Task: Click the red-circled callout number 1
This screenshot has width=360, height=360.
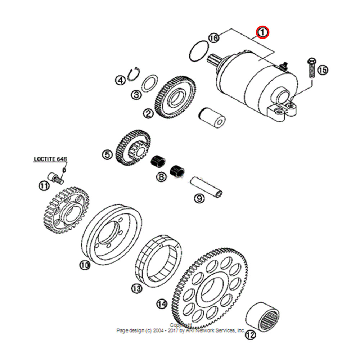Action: point(263,32)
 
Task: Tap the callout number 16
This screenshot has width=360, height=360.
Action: point(213,38)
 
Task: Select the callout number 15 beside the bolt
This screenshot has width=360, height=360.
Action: point(323,70)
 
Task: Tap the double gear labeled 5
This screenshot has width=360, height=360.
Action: point(133,148)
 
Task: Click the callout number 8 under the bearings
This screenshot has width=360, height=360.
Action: point(161,177)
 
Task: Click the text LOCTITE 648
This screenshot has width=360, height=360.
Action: point(50,159)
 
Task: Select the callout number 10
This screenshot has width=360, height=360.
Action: point(84,266)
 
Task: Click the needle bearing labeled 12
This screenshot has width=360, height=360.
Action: point(263,317)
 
